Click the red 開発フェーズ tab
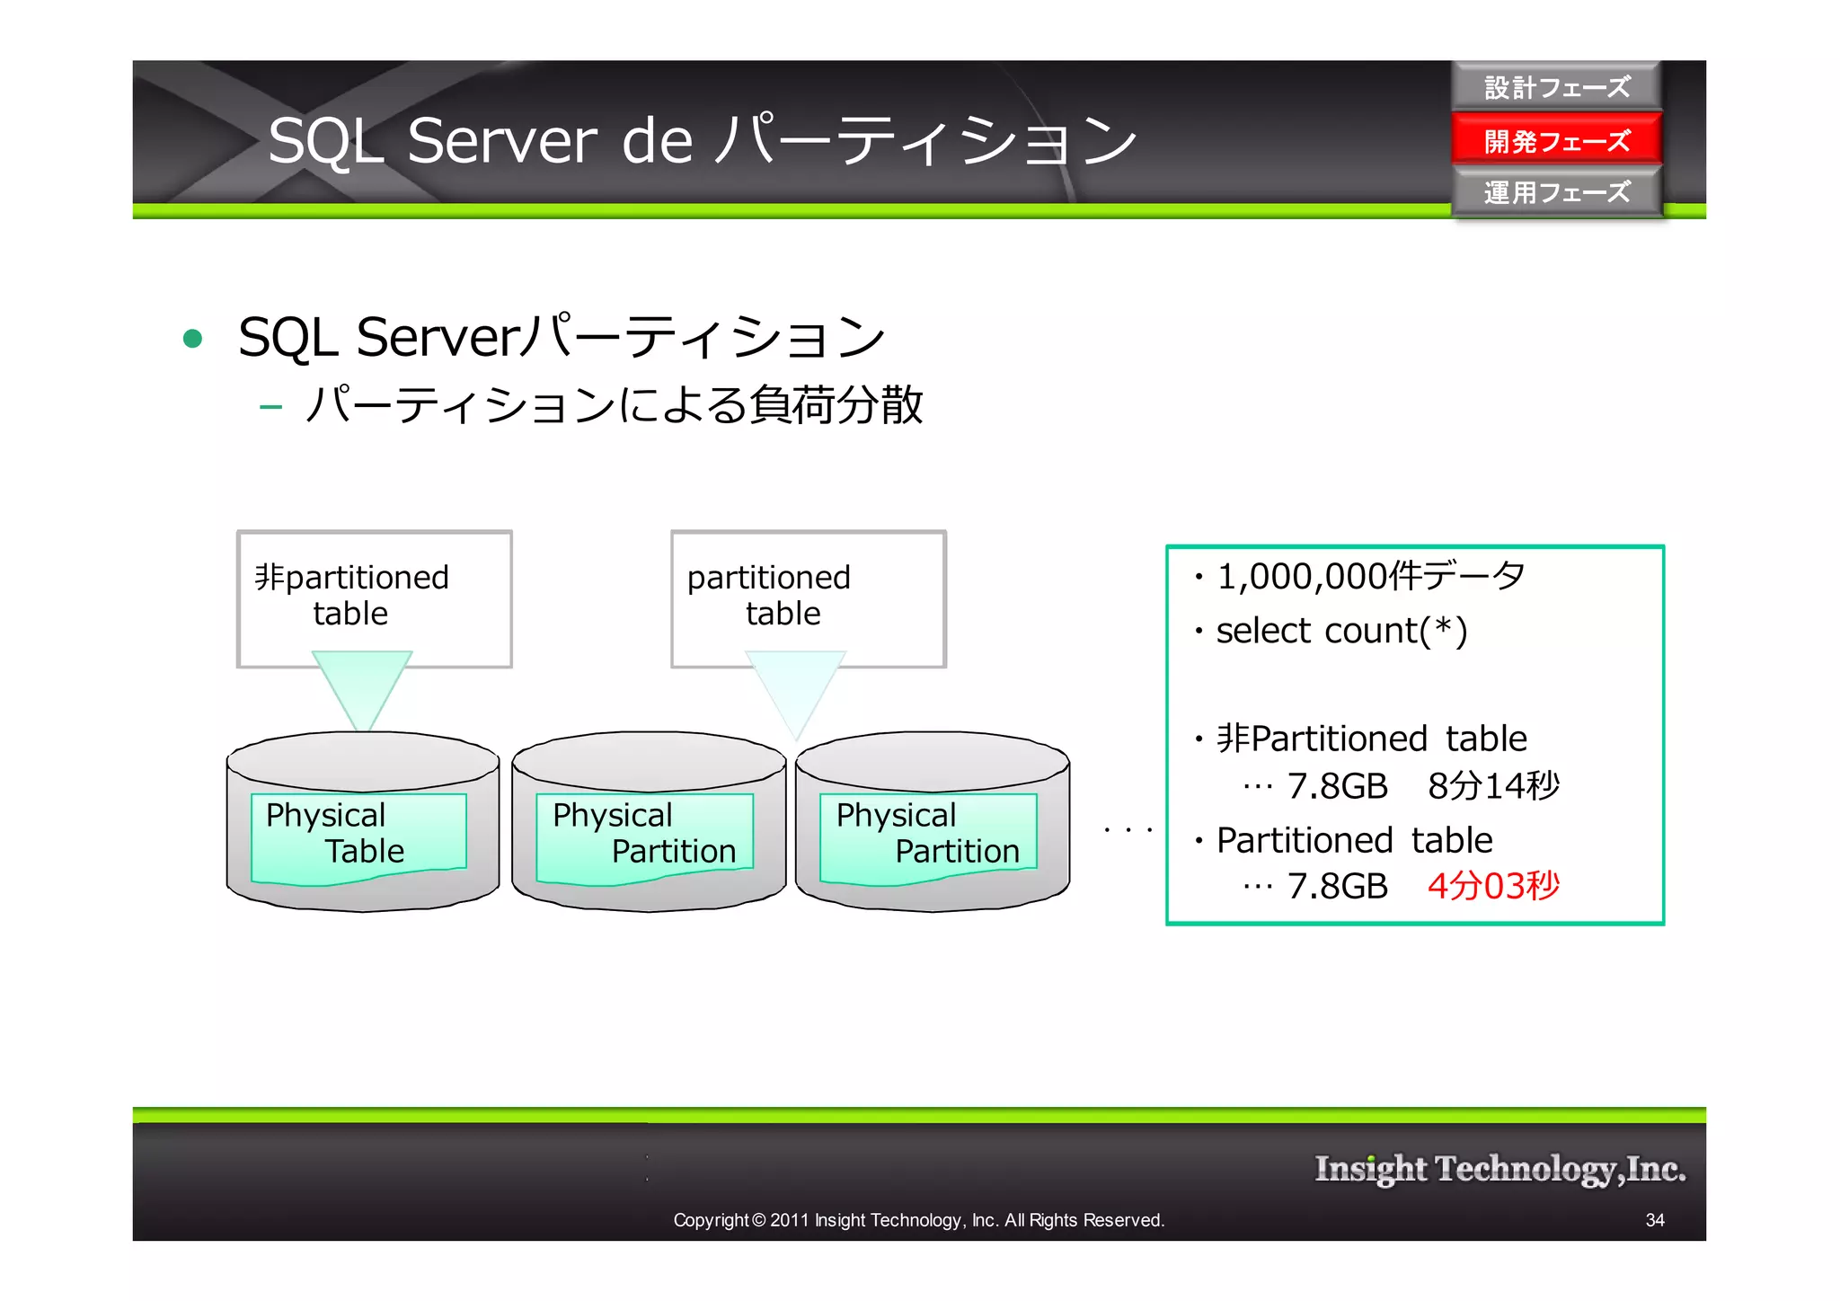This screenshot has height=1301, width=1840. tap(1556, 140)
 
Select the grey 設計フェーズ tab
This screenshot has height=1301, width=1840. tap(1556, 87)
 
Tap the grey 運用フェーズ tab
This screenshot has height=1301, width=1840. tap(1556, 192)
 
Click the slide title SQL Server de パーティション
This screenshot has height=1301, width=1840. tap(702, 141)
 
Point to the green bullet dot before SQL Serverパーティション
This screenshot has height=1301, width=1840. tap(192, 339)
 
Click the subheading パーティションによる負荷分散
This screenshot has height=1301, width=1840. tap(614, 404)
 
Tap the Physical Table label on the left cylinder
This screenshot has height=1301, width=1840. tap(358, 833)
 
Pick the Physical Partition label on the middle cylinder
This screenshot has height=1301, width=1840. tap(643, 833)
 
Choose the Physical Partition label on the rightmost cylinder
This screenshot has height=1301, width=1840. tap(927, 833)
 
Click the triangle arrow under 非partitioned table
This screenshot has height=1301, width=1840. tap(362, 687)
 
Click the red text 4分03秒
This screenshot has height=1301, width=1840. tap(1493, 886)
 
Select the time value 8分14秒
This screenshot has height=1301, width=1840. tap(1493, 786)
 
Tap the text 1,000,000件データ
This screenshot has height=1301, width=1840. tap(1370, 576)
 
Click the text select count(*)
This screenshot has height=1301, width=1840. tap(1341, 631)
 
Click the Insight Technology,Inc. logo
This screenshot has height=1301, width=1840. tap(1499, 1169)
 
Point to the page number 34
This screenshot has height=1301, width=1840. tap(1654, 1220)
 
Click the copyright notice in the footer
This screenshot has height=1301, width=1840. tap(918, 1220)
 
